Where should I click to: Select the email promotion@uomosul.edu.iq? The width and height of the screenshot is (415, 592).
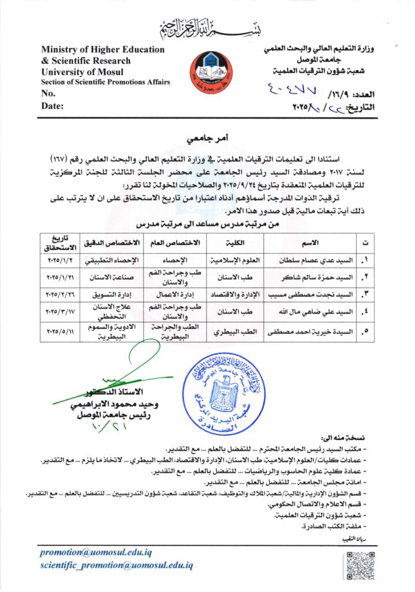(105, 552)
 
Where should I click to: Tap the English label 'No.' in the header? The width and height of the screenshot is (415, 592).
(48, 94)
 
